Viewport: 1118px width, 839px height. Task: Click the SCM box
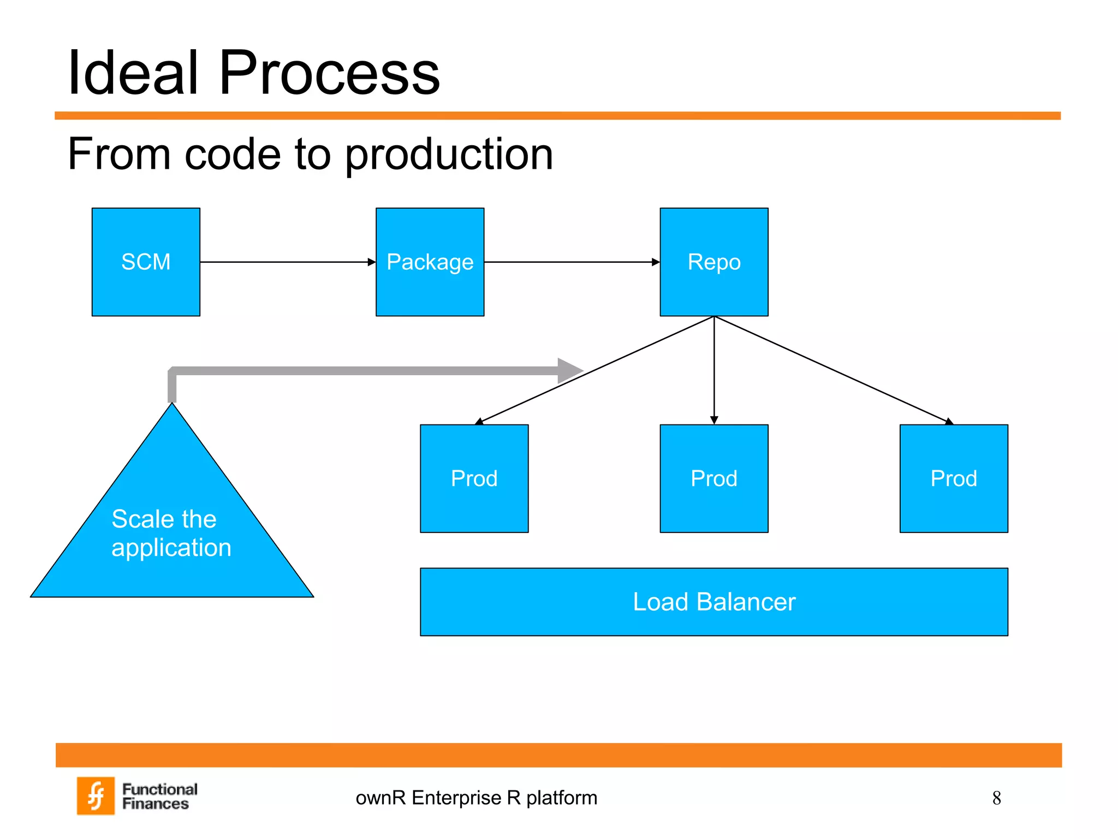[x=146, y=262]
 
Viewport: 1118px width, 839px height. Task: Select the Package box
[x=430, y=262]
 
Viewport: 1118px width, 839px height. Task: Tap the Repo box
[x=713, y=262]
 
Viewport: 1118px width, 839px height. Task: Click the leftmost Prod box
[x=474, y=478]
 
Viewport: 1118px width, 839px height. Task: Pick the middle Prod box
[x=713, y=478]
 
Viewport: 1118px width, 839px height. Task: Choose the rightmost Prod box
[x=953, y=478]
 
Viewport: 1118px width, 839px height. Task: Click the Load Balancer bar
[x=713, y=601]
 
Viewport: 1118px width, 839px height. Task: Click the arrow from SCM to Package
[x=288, y=262]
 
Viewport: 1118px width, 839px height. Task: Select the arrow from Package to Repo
[x=572, y=262]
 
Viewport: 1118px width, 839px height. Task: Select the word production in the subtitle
[x=449, y=155]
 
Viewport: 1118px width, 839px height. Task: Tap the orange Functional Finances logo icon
[x=96, y=795]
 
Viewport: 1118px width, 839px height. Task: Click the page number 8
[x=996, y=798]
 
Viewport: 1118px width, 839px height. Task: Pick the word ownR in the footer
[x=380, y=798]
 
